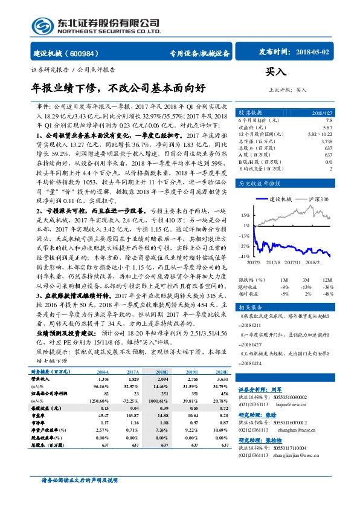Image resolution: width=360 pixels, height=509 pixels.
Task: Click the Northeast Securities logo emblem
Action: pos(42,27)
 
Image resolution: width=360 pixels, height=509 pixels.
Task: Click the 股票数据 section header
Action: pos(249,112)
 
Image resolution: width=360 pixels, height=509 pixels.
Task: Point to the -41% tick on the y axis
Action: pos(244,257)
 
